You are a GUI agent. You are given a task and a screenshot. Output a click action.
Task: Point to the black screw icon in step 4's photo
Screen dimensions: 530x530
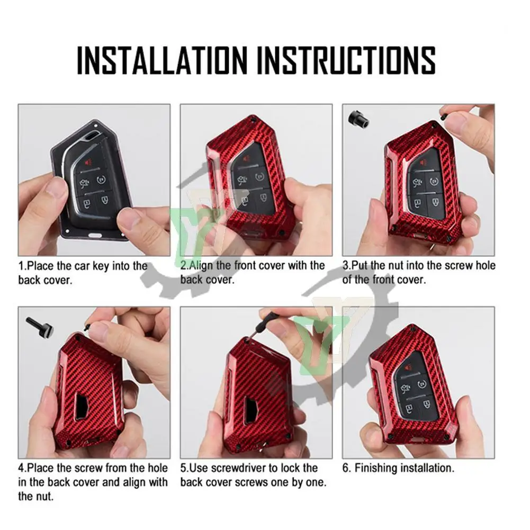[x=40, y=328]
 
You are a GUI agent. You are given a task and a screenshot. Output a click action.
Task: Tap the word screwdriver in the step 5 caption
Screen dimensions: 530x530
[x=234, y=468]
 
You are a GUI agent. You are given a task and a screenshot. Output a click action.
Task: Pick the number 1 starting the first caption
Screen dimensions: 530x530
[x=21, y=266]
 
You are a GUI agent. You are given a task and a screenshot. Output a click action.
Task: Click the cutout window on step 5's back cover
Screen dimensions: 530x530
[x=251, y=410]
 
